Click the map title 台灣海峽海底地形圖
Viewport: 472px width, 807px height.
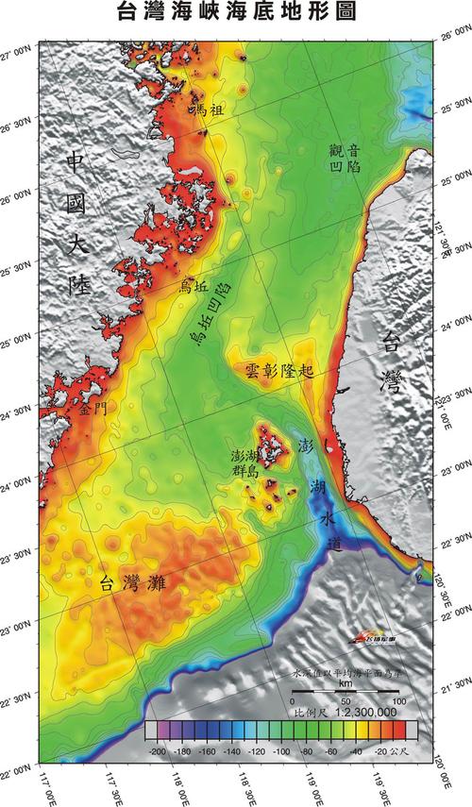(236, 12)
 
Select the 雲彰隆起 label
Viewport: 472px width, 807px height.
(285, 371)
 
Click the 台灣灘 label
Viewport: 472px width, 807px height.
(132, 582)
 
